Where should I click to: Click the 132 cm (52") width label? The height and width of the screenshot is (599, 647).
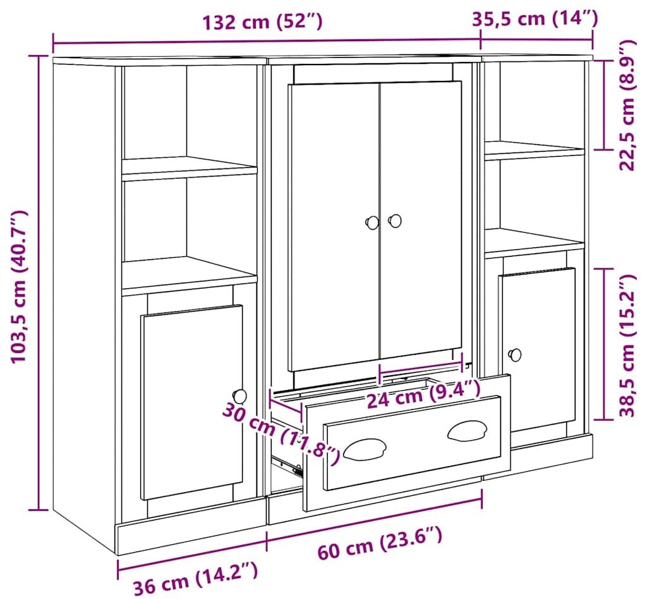click(x=262, y=21)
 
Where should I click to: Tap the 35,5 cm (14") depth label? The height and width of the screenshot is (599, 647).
click(x=535, y=18)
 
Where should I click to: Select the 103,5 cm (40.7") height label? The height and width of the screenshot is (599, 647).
click(x=19, y=287)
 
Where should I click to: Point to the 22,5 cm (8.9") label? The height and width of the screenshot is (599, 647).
click(x=627, y=106)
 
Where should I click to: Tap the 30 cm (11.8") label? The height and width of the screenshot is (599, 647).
click(x=281, y=433)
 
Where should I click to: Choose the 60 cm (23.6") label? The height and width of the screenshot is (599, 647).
click(x=380, y=542)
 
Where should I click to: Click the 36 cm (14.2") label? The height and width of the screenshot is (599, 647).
click(x=196, y=577)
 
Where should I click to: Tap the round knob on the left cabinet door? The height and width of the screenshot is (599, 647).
click(x=239, y=396)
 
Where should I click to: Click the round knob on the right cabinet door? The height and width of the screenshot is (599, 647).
click(x=514, y=354)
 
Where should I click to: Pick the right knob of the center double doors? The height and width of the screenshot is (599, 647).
click(x=395, y=221)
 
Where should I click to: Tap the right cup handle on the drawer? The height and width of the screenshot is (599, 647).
click(x=467, y=431)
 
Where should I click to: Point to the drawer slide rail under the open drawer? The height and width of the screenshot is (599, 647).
click(x=287, y=466)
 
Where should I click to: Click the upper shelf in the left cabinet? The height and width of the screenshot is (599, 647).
click(x=190, y=168)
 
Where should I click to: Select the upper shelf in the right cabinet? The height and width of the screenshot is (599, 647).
click(x=535, y=150)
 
